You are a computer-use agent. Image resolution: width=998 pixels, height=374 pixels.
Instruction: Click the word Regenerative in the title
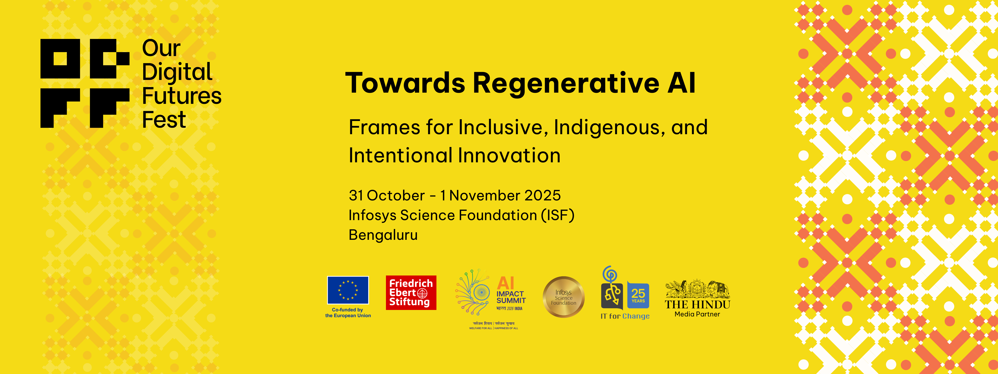coord(566,83)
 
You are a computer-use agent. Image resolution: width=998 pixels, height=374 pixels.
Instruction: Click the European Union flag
coord(348,290)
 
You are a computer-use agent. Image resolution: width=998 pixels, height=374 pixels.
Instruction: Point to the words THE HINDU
coord(697,305)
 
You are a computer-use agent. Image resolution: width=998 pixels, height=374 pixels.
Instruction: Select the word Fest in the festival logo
coord(164,120)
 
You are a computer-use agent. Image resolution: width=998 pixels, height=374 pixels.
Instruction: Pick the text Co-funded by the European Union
coord(348,313)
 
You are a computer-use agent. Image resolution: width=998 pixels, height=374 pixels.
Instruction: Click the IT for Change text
coord(625,316)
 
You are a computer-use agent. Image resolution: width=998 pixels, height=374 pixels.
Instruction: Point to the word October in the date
coord(395,195)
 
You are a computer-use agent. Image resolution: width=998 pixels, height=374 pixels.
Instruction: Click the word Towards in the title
coord(405,83)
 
